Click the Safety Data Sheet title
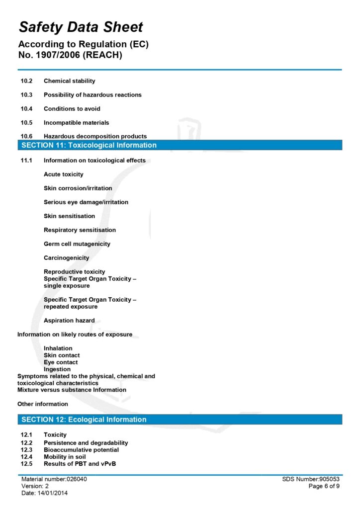tap(81, 27)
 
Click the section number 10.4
tap(26, 109)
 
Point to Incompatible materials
tap(76, 123)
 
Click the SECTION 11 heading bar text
tap(89, 146)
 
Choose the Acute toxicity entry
tap(64, 174)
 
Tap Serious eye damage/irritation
tap(86, 202)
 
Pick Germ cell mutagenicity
tap(77, 244)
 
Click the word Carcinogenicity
tap(67, 258)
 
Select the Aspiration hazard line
tap(69, 321)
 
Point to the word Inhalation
tap(58, 348)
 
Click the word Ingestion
tap(57, 369)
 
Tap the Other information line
tap(43, 404)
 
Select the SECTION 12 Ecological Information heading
tap(84, 420)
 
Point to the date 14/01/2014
tap(52, 493)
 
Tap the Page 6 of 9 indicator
tap(324, 486)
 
